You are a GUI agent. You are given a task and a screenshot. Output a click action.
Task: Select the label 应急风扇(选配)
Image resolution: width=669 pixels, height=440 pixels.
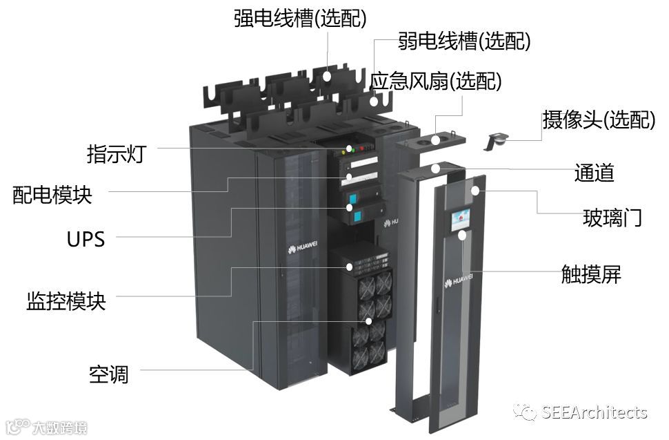click(x=436, y=81)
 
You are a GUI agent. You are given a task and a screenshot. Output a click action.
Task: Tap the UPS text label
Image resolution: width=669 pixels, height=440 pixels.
click(x=86, y=239)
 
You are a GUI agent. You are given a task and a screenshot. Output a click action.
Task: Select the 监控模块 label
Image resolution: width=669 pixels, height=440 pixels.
click(x=66, y=301)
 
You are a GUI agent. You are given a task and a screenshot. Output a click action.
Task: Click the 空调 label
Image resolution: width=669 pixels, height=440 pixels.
click(x=109, y=374)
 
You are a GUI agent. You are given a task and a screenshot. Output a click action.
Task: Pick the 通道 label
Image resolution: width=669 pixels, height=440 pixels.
click(x=594, y=172)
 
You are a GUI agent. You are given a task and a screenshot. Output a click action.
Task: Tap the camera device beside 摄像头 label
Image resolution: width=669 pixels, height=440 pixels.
click(x=497, y=140)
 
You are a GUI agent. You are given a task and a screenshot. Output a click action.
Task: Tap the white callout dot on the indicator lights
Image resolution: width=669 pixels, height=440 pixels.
click(x=350, y=149)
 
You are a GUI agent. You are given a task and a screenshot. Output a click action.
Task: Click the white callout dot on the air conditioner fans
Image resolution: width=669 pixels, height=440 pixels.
click(x=369, y=321)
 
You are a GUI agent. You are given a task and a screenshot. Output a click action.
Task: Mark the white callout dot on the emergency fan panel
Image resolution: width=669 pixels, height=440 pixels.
click(x=436, y=140)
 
